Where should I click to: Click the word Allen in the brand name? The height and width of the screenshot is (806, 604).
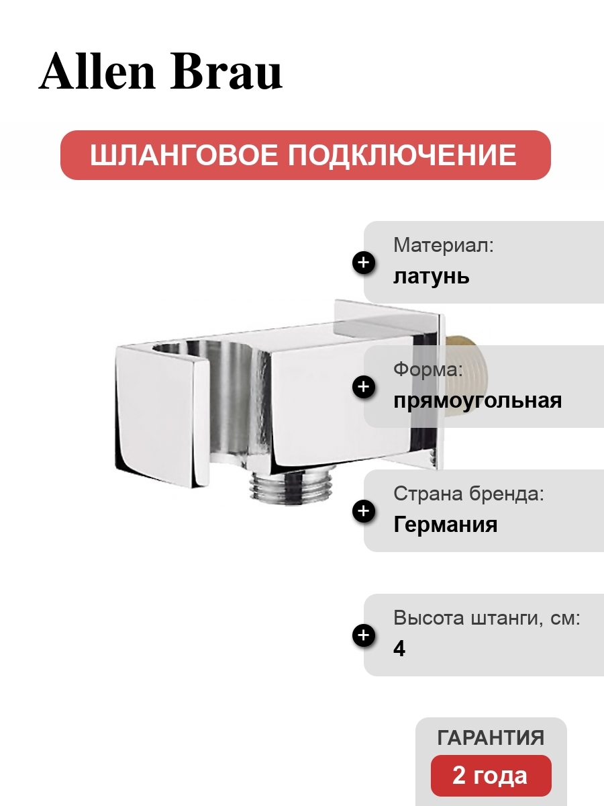97,71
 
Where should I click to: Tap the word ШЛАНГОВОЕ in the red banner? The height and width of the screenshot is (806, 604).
184,155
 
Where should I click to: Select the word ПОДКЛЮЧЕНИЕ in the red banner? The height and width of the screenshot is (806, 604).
401,155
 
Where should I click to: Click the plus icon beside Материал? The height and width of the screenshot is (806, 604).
364,263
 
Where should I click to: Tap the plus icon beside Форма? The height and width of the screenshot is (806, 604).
364,387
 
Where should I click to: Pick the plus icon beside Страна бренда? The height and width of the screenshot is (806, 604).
364,510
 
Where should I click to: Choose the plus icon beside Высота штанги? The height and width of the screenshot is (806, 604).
364,635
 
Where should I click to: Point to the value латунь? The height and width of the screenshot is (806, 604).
432,276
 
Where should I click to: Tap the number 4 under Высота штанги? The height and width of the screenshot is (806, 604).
399,649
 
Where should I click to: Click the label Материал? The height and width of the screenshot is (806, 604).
444,245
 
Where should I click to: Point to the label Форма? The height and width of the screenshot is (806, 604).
428,369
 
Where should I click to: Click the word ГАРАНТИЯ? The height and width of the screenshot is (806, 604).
491,737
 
